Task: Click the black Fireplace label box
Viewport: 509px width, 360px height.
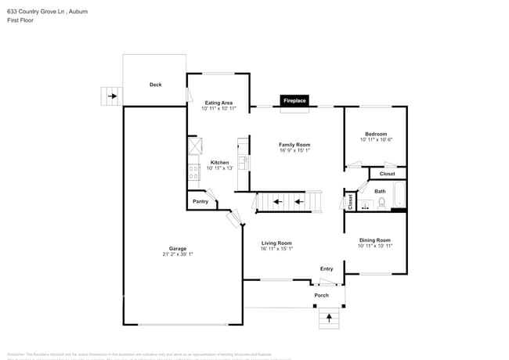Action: click(294, 101)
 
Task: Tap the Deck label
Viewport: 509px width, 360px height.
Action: click(155, 85)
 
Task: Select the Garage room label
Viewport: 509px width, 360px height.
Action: click(178, 249)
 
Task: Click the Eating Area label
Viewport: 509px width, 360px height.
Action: click(218, 103)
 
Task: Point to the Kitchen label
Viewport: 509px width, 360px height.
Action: click(219, 163)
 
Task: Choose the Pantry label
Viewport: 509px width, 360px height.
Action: click(200, 201)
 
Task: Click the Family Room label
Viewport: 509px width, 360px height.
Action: click(294, 145)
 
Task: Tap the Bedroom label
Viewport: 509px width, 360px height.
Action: click(375, 134)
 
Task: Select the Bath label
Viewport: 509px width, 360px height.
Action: click(380, 191)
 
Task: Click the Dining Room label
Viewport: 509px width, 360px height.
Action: click(374, 240)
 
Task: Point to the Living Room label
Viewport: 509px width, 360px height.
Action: click(276, 243)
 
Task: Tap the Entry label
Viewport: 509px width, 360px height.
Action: click(327, 269)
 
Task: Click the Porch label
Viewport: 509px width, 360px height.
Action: click(321, 295)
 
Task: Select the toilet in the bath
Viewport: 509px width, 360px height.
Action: click(381, 203)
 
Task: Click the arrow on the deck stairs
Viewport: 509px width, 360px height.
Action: click(113, 97)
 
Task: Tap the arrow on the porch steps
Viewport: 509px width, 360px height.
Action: click(329, 318)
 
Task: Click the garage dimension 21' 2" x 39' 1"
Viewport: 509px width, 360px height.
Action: click(178, 254)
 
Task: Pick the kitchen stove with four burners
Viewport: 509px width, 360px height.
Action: click(193, 173)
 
